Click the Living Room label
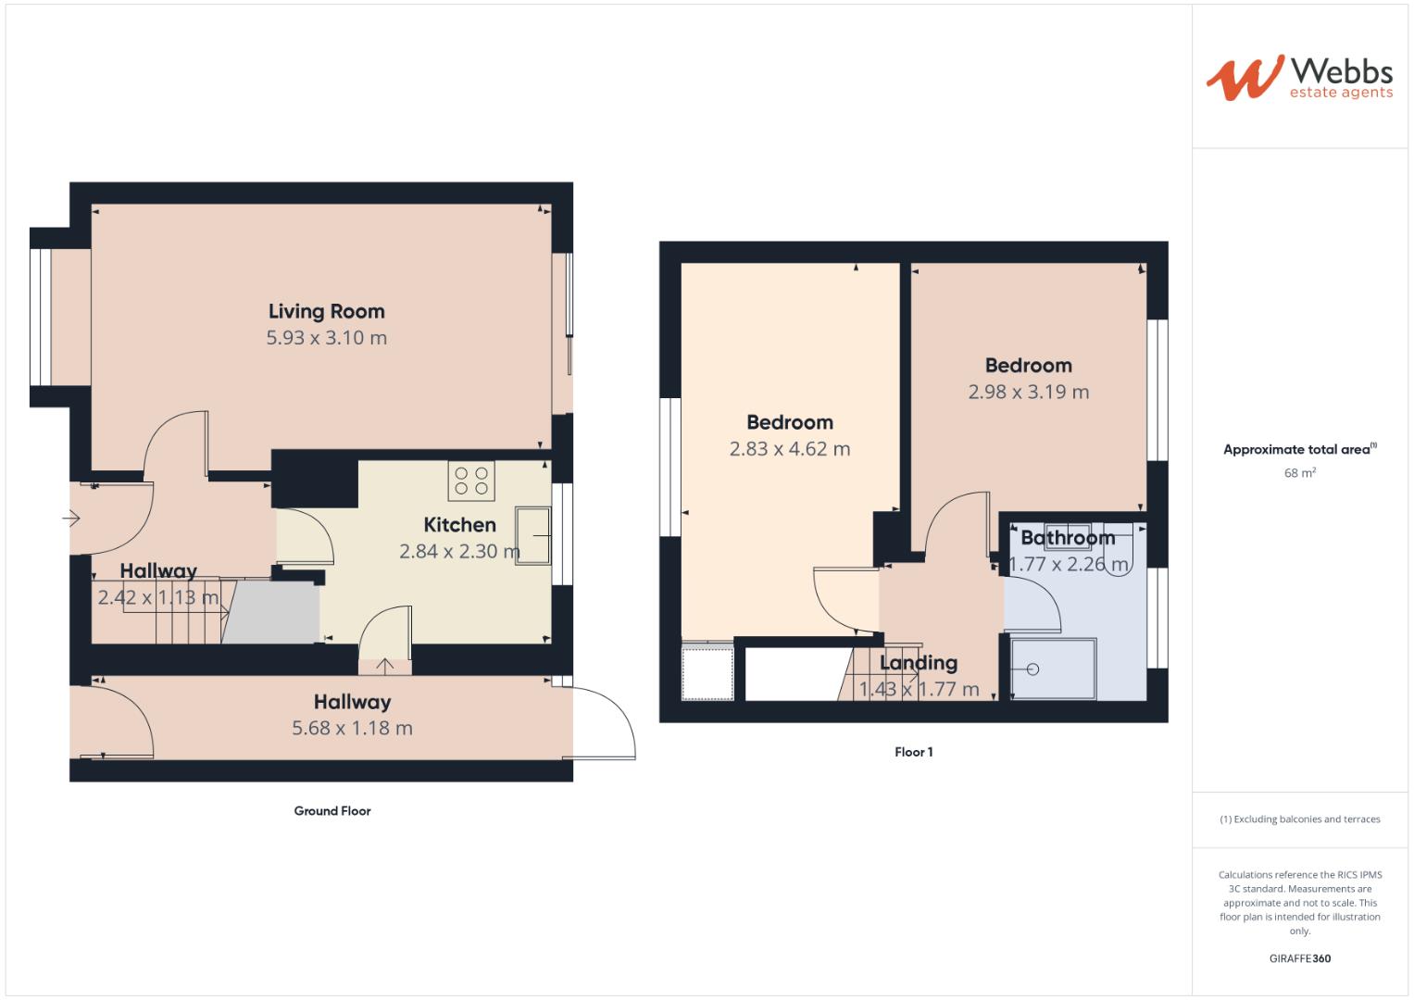coord(326,312)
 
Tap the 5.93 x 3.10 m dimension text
coord(326,338)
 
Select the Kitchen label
coord(459,525)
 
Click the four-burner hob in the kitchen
coord(471,481)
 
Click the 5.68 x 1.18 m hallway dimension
coord(352,729)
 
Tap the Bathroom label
coord(1068,538)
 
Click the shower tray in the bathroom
coord(1053,669)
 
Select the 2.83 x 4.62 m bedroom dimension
coord(789,449)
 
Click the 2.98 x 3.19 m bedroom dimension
coord(1028,392)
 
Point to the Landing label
coord(918,663)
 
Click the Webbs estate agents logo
coord(1298,78)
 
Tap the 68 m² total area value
coord(1299,473)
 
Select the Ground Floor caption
coord(332,811)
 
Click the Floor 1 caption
coord(913,752)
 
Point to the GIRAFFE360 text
coord(1299,958)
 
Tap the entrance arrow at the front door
coord(71,519)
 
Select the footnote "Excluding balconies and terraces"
coord(1299,819)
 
